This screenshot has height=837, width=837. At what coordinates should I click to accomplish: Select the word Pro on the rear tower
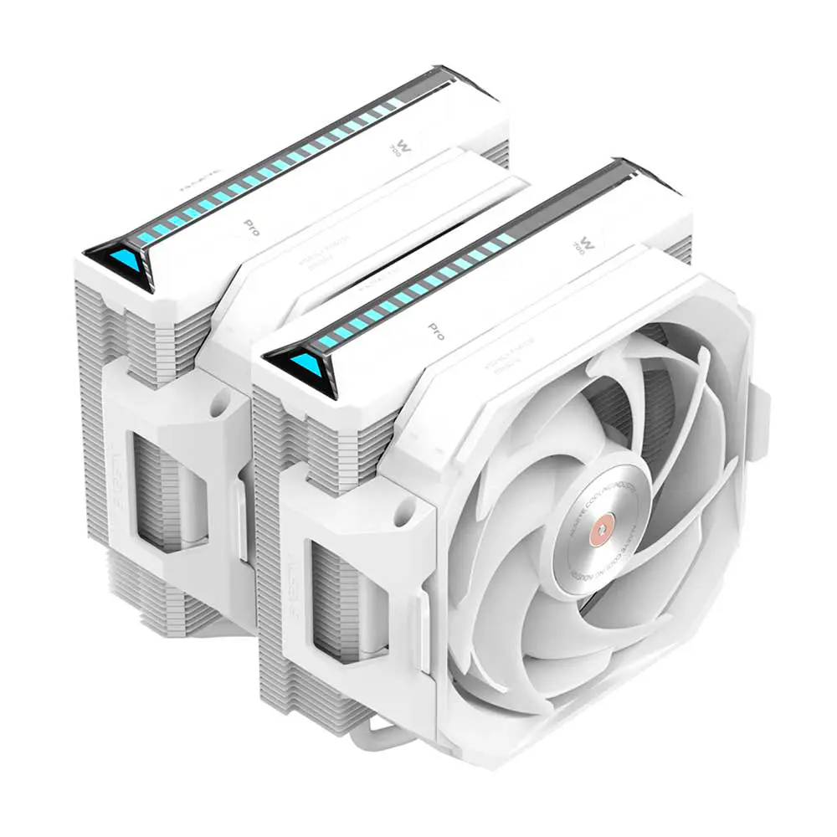click(x=249, y=225)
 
